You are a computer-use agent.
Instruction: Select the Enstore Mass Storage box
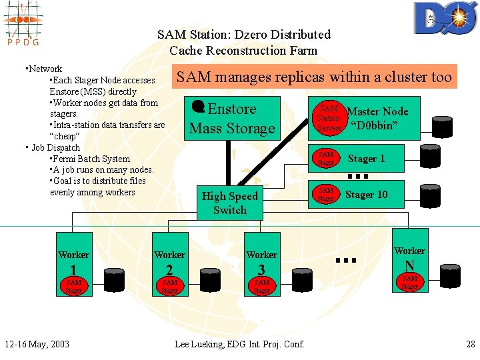point(231,119)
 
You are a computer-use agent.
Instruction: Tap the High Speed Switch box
point(229,203)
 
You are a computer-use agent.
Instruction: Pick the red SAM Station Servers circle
point(329,118)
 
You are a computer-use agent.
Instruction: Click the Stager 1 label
point(367,159)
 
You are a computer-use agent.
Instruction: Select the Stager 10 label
point(366,195)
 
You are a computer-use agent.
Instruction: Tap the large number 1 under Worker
point(73,270)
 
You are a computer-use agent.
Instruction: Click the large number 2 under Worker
point(169,270)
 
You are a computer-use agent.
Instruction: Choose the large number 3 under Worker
point(261,270)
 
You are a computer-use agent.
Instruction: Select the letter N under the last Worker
point(409,265)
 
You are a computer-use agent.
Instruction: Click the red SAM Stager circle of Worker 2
point(169,286)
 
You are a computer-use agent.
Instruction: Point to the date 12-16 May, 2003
point(37,344)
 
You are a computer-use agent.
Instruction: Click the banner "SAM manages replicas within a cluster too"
point(313,77)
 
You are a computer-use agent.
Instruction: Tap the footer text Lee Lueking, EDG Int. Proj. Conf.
point(239,344)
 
